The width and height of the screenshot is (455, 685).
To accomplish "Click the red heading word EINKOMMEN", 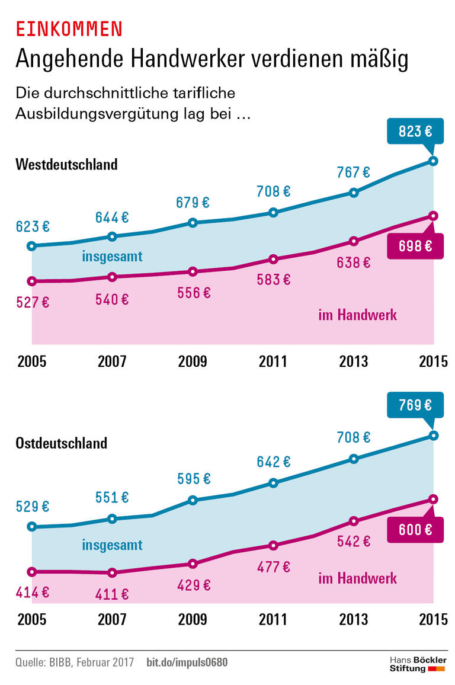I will (x=69, y=28).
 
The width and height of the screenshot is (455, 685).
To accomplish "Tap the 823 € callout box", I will (x=415, y=132).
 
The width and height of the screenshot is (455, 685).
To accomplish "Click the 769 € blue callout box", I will (x=415, y=406).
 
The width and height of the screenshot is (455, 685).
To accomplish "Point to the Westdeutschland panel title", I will (x=66, y=164).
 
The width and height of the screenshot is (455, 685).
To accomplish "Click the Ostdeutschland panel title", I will (x=62, y=443).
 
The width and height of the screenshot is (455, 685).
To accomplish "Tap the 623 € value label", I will (x=33, y=226).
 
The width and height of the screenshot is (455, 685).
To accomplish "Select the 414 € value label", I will (x=33, y=591).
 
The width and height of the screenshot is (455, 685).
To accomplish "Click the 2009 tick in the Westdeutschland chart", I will (x=193, y=361).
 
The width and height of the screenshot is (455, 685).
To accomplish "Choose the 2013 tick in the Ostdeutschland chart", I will (x=353, y=620).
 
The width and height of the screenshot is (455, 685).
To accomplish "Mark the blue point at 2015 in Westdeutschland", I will (x=434, y=161).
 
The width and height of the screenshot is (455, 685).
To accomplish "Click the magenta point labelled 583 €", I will (x=273, y=259).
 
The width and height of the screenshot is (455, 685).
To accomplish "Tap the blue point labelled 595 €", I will (x=193, y=500).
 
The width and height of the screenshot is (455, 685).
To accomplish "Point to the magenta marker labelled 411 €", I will (x=112, y=572).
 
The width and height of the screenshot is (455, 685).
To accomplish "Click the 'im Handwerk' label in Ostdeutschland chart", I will (x=357, y=578).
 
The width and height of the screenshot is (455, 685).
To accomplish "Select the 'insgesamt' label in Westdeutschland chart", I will (x=112, y=257).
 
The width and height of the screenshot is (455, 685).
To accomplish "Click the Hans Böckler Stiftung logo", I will (x=418, y=664).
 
